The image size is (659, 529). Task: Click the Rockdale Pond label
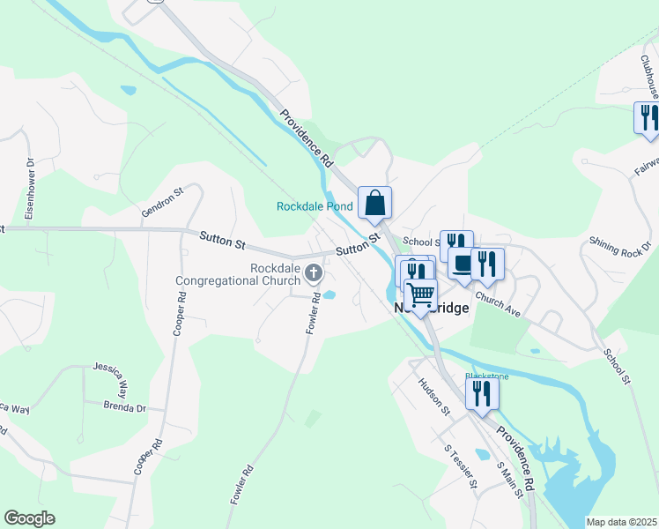tap(315, 206)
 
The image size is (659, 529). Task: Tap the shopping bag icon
tap(374, 203)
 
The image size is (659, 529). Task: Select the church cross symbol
tap(313, 275)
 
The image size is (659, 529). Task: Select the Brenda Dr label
tap(124, 408)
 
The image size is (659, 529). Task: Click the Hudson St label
tap(434, 397)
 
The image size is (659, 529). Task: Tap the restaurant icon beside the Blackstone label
tap(481, 393)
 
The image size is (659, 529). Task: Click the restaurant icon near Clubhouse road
tap(647, 117)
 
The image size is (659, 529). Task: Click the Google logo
tap(29, 518)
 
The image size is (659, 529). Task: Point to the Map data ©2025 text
tap(621, 522)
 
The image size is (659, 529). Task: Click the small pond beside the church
tap(329, 295)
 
